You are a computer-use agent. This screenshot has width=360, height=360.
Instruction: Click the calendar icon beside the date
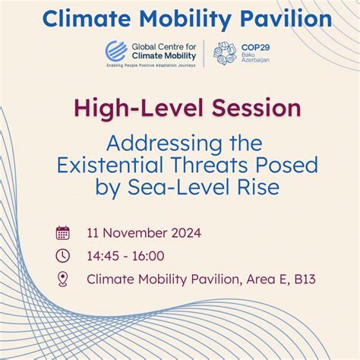point(64,233)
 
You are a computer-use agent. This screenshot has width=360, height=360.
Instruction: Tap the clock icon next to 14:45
point(64,257)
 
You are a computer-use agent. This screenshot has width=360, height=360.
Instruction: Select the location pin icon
point(64,279)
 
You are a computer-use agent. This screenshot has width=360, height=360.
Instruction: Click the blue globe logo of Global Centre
point(116,52)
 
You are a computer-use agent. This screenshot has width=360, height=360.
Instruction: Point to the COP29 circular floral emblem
point(226,53)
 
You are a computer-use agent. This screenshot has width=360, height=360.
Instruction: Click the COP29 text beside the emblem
point(254,47)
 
